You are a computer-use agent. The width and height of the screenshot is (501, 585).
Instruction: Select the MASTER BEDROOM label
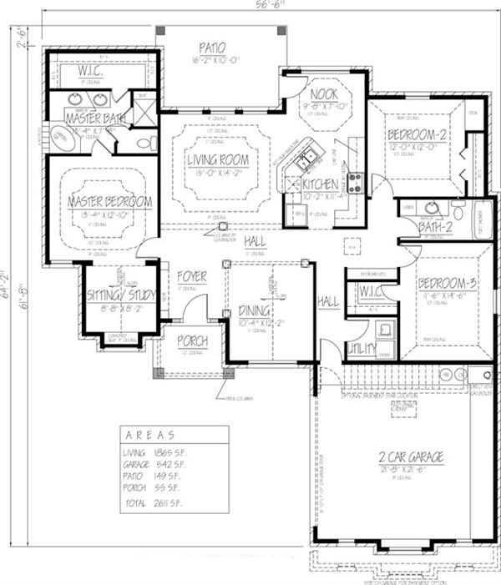[x=110, y=201]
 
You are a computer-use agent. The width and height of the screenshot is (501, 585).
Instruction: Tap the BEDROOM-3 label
[x=447, y=284]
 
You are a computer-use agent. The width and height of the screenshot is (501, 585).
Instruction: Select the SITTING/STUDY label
[x=122, y=295]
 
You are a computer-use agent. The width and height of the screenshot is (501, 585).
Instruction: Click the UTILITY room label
[x=362, y=347]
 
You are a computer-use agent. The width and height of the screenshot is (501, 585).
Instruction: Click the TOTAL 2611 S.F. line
[x=152, y=504]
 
